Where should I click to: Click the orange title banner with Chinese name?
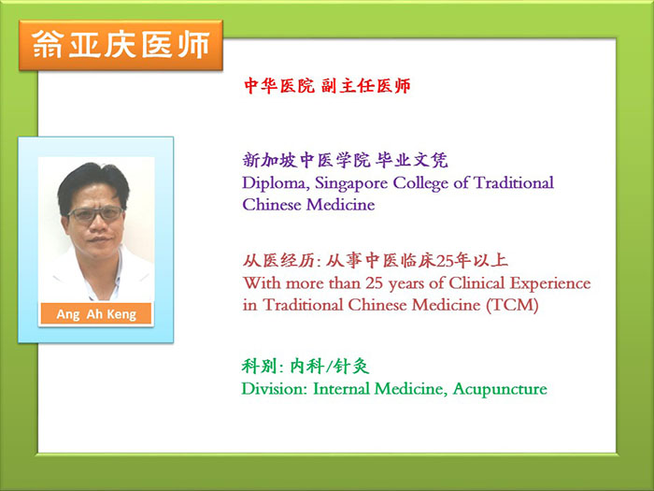[121, 45]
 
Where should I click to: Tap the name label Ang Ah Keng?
[96, 314]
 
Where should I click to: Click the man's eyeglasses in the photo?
[95, 214]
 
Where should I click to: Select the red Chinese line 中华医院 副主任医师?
[327, 86]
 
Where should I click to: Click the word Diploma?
[276, 183]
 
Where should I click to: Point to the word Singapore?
[351, 183]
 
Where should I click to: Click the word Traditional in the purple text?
[514, 182]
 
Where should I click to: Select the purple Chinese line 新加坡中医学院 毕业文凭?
[345, 160]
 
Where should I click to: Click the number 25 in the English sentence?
[375, 283]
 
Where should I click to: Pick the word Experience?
[550, 284]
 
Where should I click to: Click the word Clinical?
[477, 283]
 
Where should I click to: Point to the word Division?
[275, 389]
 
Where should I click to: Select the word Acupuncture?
[500, 390]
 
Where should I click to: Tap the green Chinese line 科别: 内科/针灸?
[306, 367]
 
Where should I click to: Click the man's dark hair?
[92, 182]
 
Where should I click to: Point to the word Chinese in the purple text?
[272, 205]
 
